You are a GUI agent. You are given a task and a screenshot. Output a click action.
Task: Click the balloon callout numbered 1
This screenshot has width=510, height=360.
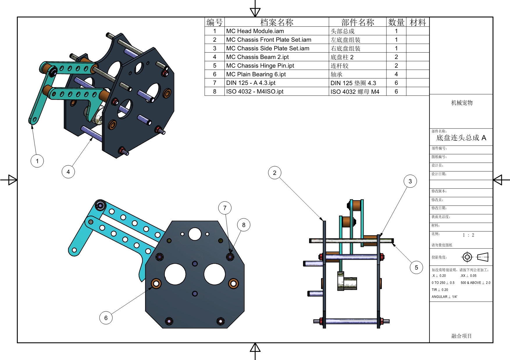click(37, 161)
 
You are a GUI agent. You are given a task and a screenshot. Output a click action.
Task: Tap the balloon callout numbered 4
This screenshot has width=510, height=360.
click(68, 172)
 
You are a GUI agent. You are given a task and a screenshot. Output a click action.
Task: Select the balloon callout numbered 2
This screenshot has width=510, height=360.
click(275, 173)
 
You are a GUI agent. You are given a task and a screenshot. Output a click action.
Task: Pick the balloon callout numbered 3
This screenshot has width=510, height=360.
click(410, 181)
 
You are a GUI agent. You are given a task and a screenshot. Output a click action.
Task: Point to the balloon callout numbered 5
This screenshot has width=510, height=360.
click(416, 267)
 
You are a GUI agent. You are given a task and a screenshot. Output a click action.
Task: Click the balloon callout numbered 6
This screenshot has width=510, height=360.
click(106, 318)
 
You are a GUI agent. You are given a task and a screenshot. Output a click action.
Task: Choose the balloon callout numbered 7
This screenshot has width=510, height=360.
click(225, 208)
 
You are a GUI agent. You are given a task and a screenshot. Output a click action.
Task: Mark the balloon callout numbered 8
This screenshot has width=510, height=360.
click(244, 225)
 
